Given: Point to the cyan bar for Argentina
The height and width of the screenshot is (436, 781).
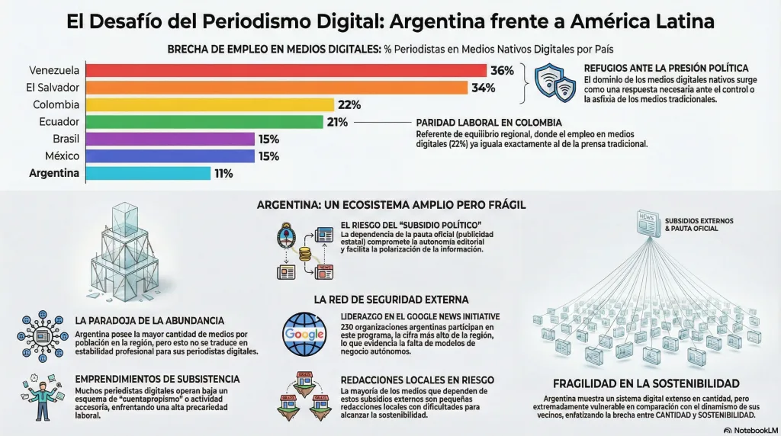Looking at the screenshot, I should (x=148, y=174).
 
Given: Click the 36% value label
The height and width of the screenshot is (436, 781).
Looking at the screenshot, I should (x=502, y=71).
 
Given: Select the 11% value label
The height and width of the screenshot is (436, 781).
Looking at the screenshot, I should (x=223, y=174).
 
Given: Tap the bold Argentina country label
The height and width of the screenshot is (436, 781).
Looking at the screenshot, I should (x=54, y=174).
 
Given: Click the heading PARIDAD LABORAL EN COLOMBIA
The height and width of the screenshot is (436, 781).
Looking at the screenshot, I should (x=489, y=123).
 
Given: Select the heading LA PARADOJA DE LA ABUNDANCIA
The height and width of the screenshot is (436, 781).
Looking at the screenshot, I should (x=149, y=321).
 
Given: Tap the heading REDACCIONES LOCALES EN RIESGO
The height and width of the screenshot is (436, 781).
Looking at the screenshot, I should (x=417, y=380).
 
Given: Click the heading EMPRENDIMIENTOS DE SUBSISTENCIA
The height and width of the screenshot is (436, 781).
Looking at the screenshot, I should (x=157, y=379).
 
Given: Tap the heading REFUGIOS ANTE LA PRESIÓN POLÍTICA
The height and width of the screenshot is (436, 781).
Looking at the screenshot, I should (x=665, y=68).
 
